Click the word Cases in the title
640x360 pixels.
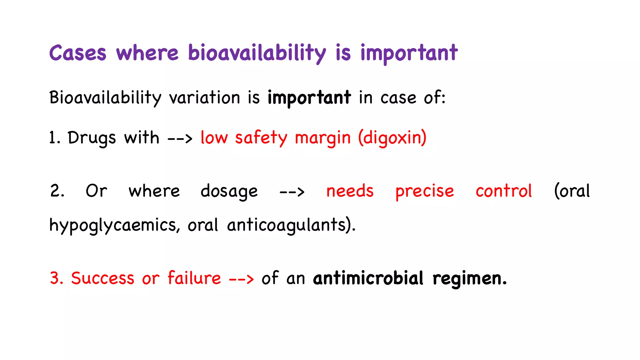(77, 53)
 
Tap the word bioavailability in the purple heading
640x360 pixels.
(257, 53)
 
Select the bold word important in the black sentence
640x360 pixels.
(309, 97)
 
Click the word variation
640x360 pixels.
(204, 97)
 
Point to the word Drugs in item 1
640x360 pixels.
(92, 138)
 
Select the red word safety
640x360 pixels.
(261, 138)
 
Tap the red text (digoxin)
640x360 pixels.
(392, 138)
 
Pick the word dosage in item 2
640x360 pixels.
(229, 191)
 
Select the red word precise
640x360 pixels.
(424, 191)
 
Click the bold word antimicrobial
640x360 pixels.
(368, 278)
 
